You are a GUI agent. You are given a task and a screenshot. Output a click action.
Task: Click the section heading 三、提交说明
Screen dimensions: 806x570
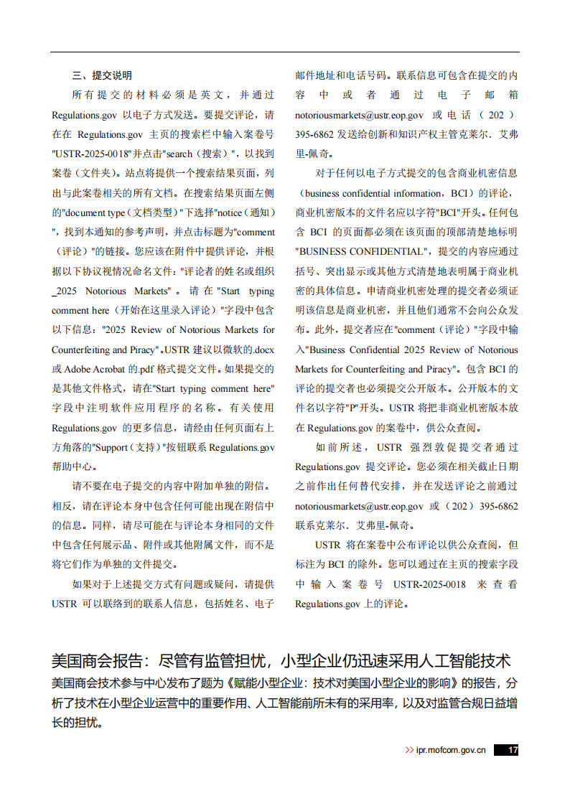coord(102,75)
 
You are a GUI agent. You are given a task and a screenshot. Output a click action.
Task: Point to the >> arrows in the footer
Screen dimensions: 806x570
coord(410,750)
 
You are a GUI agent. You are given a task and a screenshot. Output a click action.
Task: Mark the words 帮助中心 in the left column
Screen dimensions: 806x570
coord(72,467)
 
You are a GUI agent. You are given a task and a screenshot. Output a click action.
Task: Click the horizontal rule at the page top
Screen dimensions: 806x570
coord(285,52)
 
